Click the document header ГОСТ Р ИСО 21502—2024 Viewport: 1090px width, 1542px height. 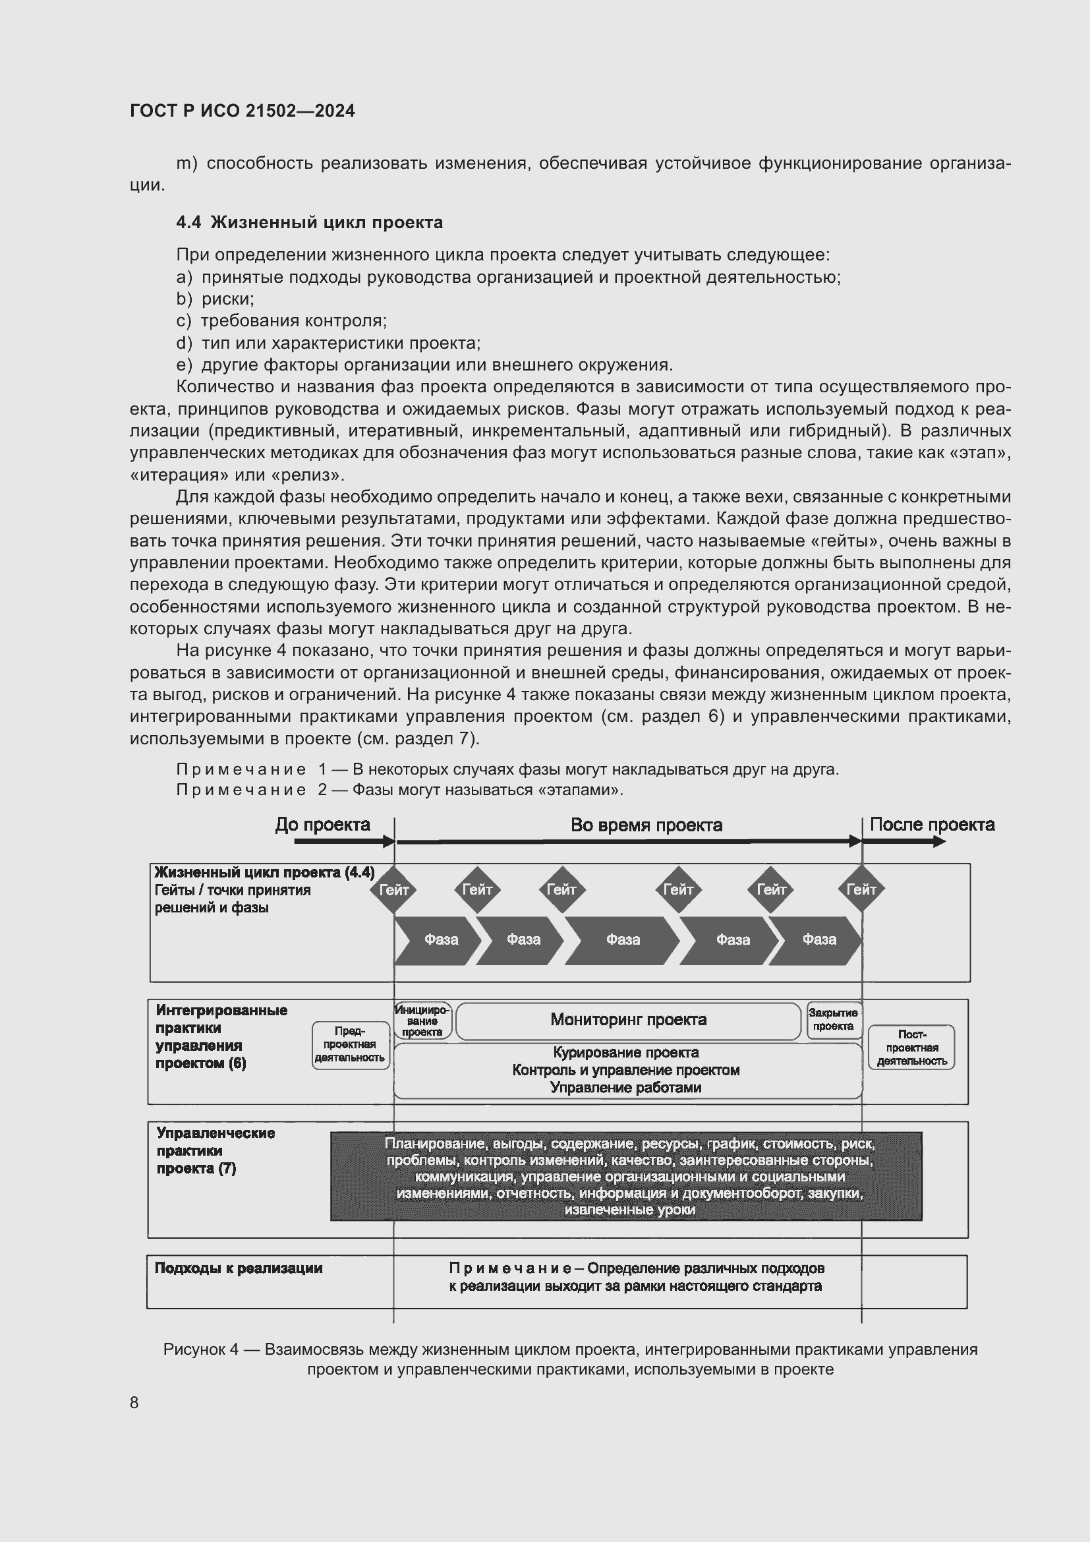click(243, 111)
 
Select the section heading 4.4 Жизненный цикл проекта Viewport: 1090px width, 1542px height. click(310, 222)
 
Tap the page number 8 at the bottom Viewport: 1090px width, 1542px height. click(134, 1402)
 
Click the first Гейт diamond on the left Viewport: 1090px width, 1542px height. click(394, 890)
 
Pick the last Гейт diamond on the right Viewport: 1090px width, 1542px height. click(861, 890)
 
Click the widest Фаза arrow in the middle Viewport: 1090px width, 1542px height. click(622, 939)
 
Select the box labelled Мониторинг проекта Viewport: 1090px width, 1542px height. click(628, 1020)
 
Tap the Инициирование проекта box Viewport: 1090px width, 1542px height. click(422, 1021)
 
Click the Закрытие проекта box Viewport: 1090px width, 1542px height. click(833, 1019)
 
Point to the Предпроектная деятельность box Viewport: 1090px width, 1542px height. click(350, 1044)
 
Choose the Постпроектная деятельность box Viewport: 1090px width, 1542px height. click(911, 1048)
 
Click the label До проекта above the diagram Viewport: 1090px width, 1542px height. click(322, 825)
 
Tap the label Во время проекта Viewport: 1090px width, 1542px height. click(646, 825)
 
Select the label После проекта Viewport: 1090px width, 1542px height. click(932, 825)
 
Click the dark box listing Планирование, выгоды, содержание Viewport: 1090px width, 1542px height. click(626, 1176)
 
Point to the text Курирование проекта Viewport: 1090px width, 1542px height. click(625, 1052)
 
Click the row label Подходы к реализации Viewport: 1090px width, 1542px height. click(239, 1268)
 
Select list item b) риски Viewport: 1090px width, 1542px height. click(215, 299)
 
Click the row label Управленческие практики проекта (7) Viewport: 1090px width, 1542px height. click(215, 1150)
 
